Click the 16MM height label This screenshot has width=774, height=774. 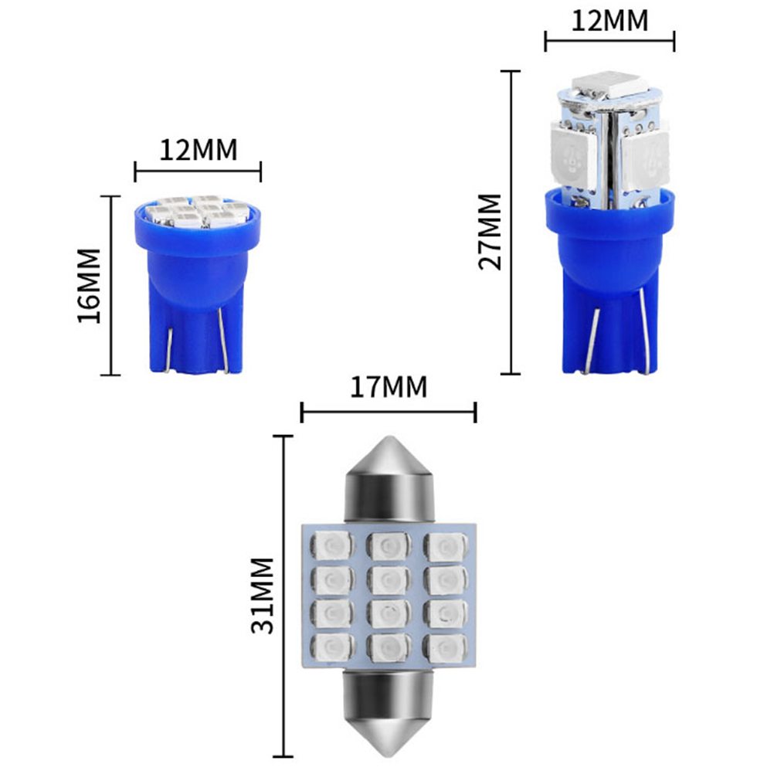[x=89, y=286]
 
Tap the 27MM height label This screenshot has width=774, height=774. [x=490, y=232]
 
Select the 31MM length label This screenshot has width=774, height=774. [x=262, y=596]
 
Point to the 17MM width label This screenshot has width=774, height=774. [x=389, y=387]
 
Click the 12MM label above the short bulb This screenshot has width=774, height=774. [x=199, y=150]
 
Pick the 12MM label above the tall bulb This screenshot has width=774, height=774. [x=609, y=21]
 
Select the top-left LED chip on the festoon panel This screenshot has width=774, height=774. [x=331, y=546]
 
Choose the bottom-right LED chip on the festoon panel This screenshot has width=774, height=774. [x=446, y=647]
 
